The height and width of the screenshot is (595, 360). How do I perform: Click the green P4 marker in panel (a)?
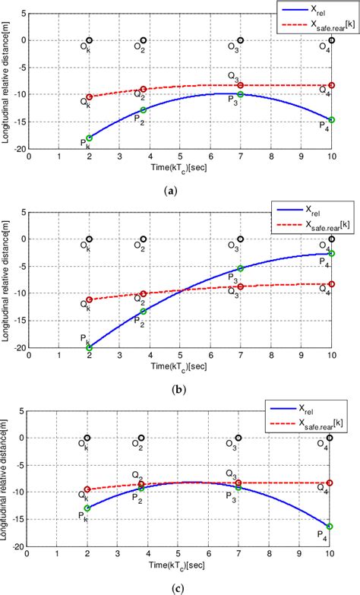tap(331, 119)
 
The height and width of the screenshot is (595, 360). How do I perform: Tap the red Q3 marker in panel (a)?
tap(241, 85)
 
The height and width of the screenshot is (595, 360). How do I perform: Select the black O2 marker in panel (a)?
tap(144, 40)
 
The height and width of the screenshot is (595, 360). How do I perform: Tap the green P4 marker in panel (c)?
tap(330, 526)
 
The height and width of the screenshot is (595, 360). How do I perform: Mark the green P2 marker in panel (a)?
tap(144, 110)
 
